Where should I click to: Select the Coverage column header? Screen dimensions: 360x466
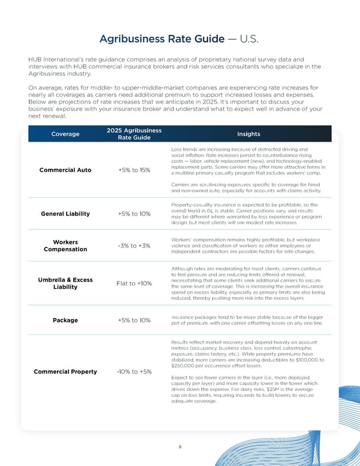click(x=65, y=134)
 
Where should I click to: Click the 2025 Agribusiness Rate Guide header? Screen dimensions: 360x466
click(x=134, y=134)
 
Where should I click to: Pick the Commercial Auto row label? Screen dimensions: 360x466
click(x=65, y=170)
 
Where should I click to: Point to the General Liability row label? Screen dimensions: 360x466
click(x=65, y=214)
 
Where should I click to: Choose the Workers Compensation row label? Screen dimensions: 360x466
click(x=65, y=246)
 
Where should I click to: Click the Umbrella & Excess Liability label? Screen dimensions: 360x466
click(x=65, y=283)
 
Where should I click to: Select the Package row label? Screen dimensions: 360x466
click(x=65, y=319)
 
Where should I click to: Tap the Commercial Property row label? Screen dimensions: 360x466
click(x=65, y=372)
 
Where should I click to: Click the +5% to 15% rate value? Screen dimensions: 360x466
click(x=134, y=170)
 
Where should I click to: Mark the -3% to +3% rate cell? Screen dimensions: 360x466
click(x=134, y=246)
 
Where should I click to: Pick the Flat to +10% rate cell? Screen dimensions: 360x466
click(x=134, y=283)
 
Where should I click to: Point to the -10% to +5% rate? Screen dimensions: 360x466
click(x=134, y=372)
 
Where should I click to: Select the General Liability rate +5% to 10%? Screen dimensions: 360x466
click(x=134, y=214)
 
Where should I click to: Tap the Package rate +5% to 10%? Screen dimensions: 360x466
click(x=134, y=319)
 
